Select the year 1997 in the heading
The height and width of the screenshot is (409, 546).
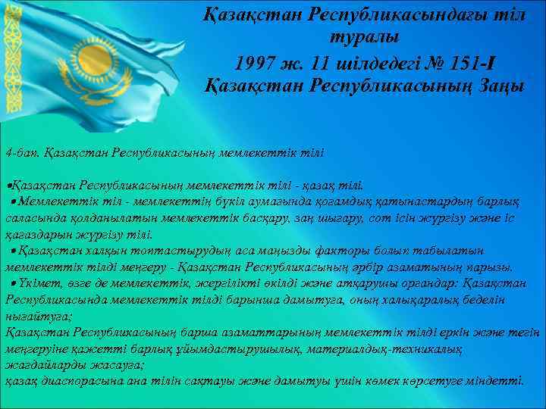[x=257, y=60]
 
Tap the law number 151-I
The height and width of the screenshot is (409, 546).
[x=473, y=60]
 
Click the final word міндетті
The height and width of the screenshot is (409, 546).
[x=497, y=382]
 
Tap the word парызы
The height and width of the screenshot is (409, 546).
[x=491, y=266]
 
